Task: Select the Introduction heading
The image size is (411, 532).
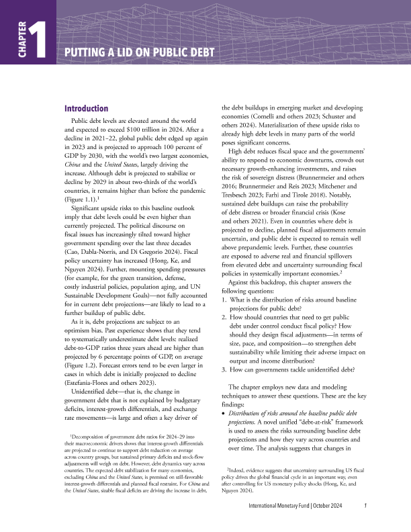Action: click(86, 109)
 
